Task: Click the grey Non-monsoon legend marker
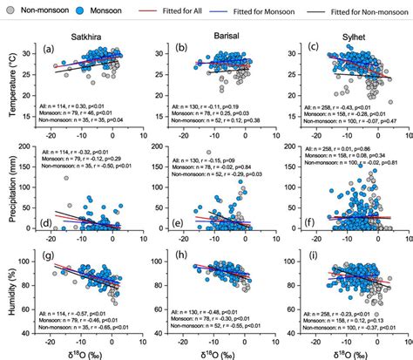pos(8,7)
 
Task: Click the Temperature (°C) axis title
pos(10,83)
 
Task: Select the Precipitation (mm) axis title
pos(10,195)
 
